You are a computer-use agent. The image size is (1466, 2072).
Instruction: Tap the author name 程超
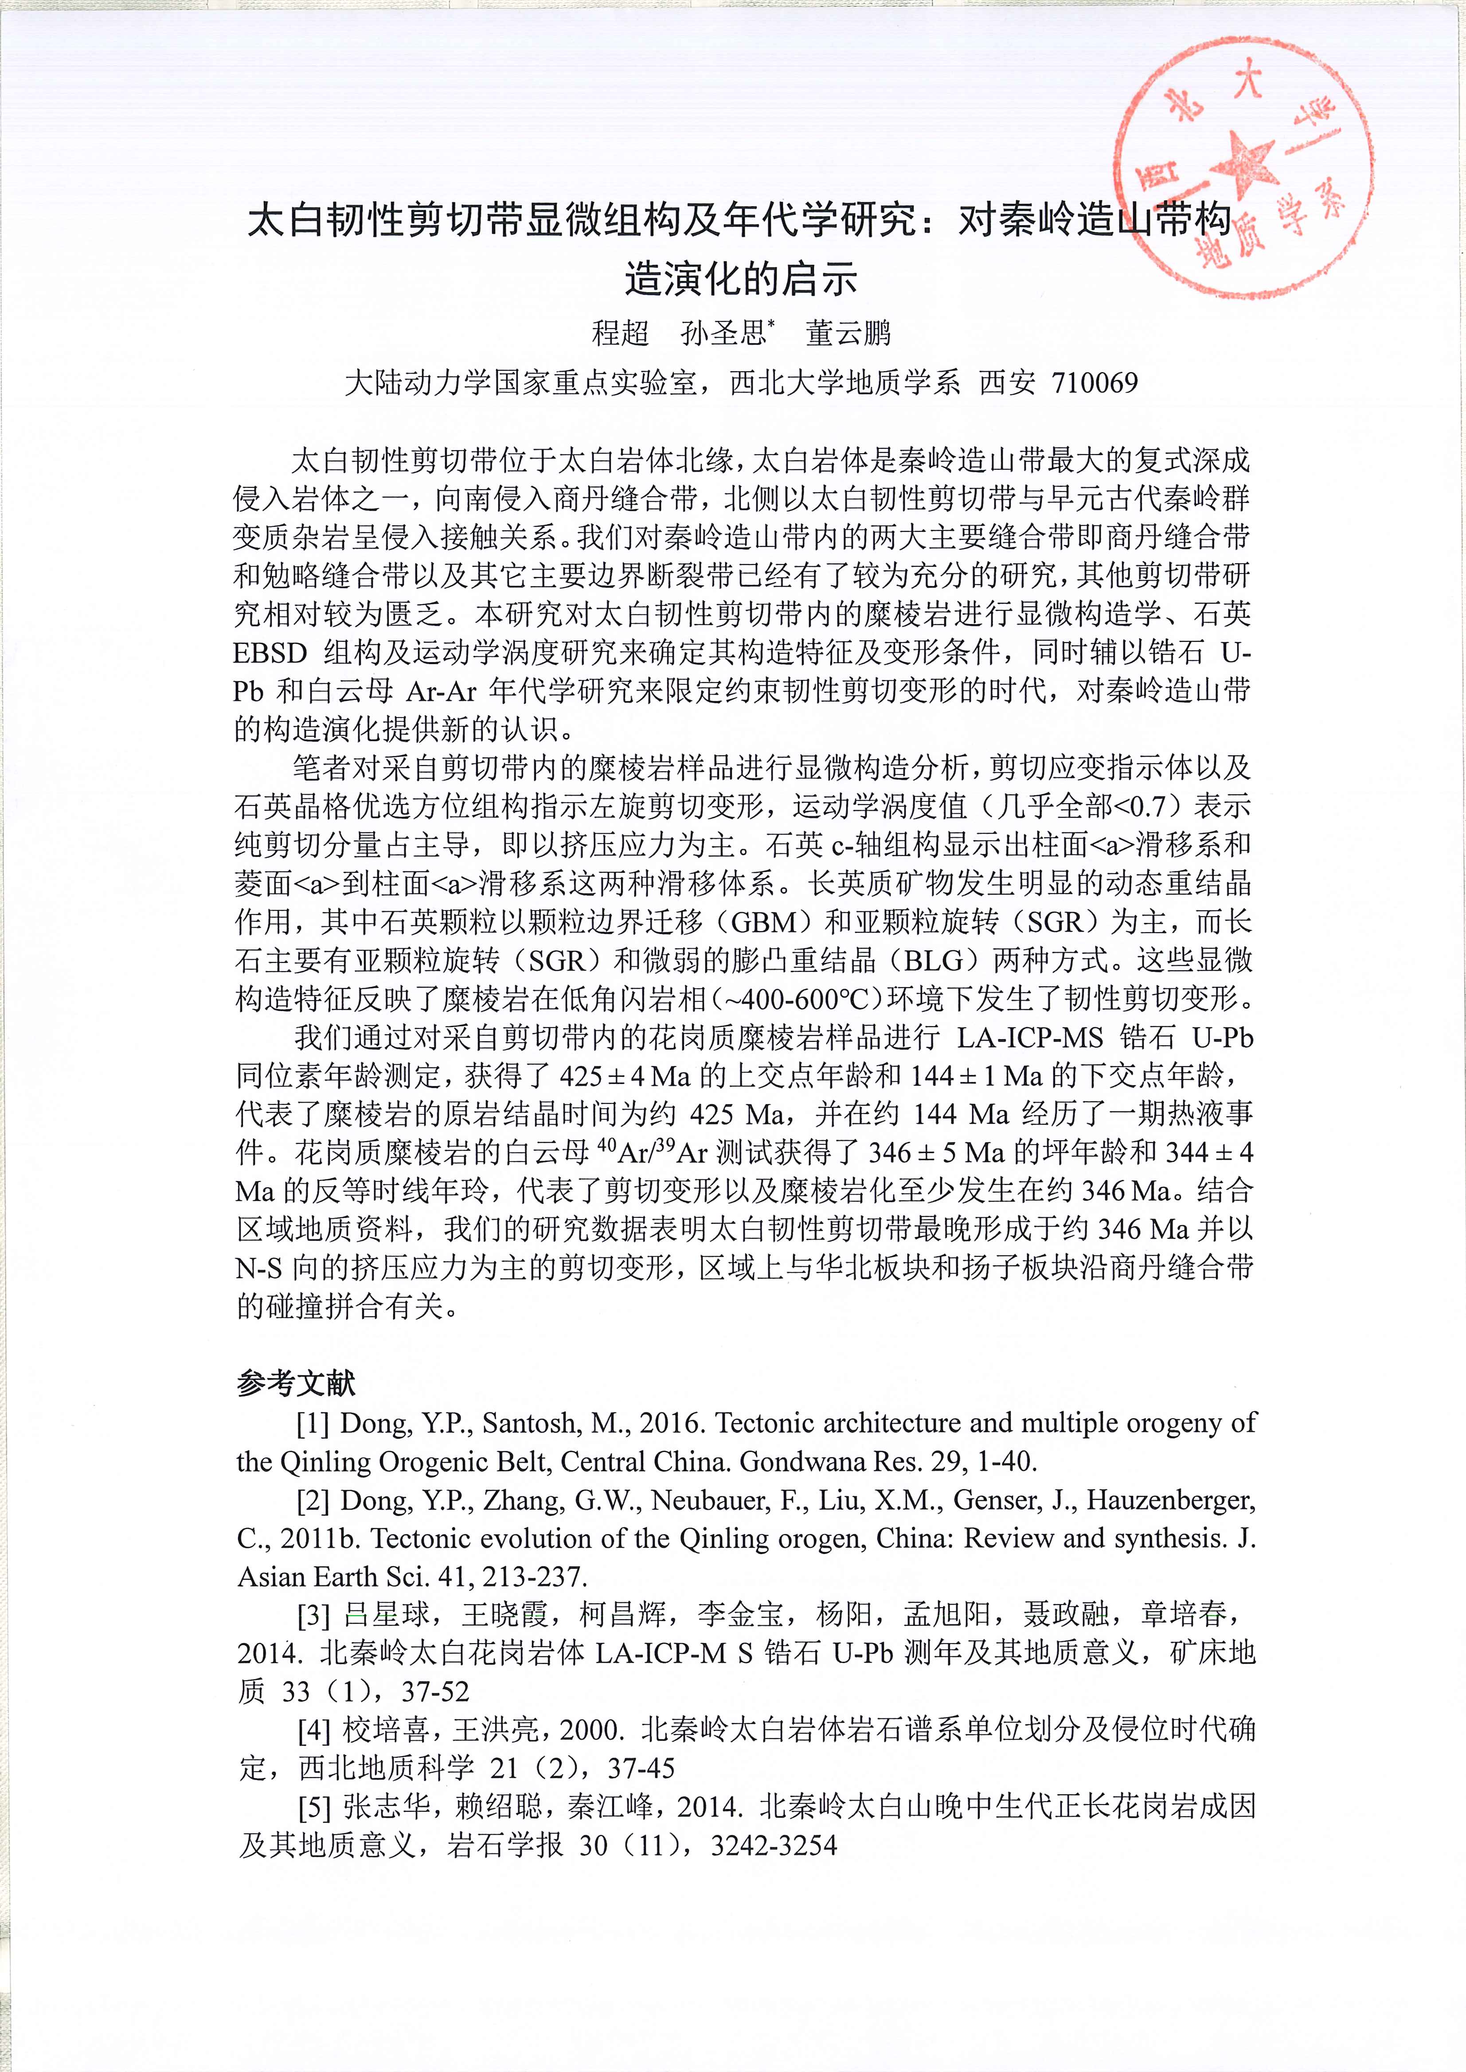tap(620, 333)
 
